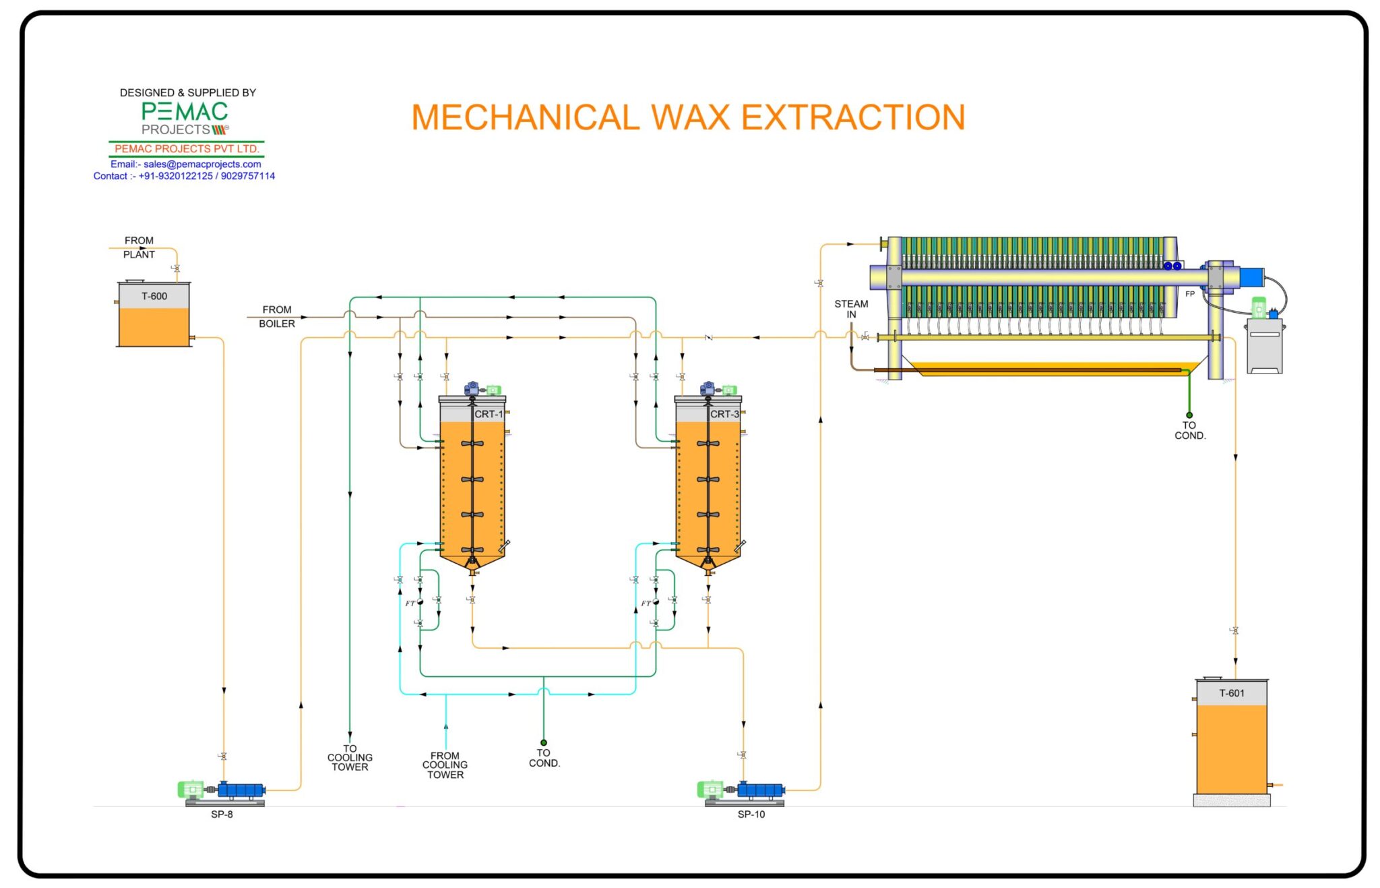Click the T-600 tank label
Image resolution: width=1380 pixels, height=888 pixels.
(154, 296)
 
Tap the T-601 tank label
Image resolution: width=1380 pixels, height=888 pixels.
(1231, 693)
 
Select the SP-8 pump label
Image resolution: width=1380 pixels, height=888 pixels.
(222, 815)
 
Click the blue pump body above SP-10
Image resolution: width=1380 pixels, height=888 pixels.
(761, 790)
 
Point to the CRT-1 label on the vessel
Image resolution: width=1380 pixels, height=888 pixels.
(489, 414)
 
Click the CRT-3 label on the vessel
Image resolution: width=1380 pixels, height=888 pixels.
(724, 414)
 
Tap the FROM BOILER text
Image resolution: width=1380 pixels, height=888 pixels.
(277, 316)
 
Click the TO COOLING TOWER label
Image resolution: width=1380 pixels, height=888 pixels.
(350, 758)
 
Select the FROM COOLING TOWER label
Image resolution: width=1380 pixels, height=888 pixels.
(445, 765)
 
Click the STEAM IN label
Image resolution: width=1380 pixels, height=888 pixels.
(851, 309)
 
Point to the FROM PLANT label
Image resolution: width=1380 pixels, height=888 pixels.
(139, 247)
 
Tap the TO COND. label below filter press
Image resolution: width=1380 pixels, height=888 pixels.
(1190, 430)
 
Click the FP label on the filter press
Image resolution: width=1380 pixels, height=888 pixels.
(1190, 294)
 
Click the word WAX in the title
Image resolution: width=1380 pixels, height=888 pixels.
(691, 117)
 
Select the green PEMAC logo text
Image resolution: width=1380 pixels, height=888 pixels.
(185, 111)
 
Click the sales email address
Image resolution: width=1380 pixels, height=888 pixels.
(201, 164)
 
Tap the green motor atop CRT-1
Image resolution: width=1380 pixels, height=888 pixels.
(493, 390)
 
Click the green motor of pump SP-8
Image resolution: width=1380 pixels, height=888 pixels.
(191, 789)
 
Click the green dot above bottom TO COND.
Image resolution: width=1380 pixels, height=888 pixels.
(544, 742)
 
